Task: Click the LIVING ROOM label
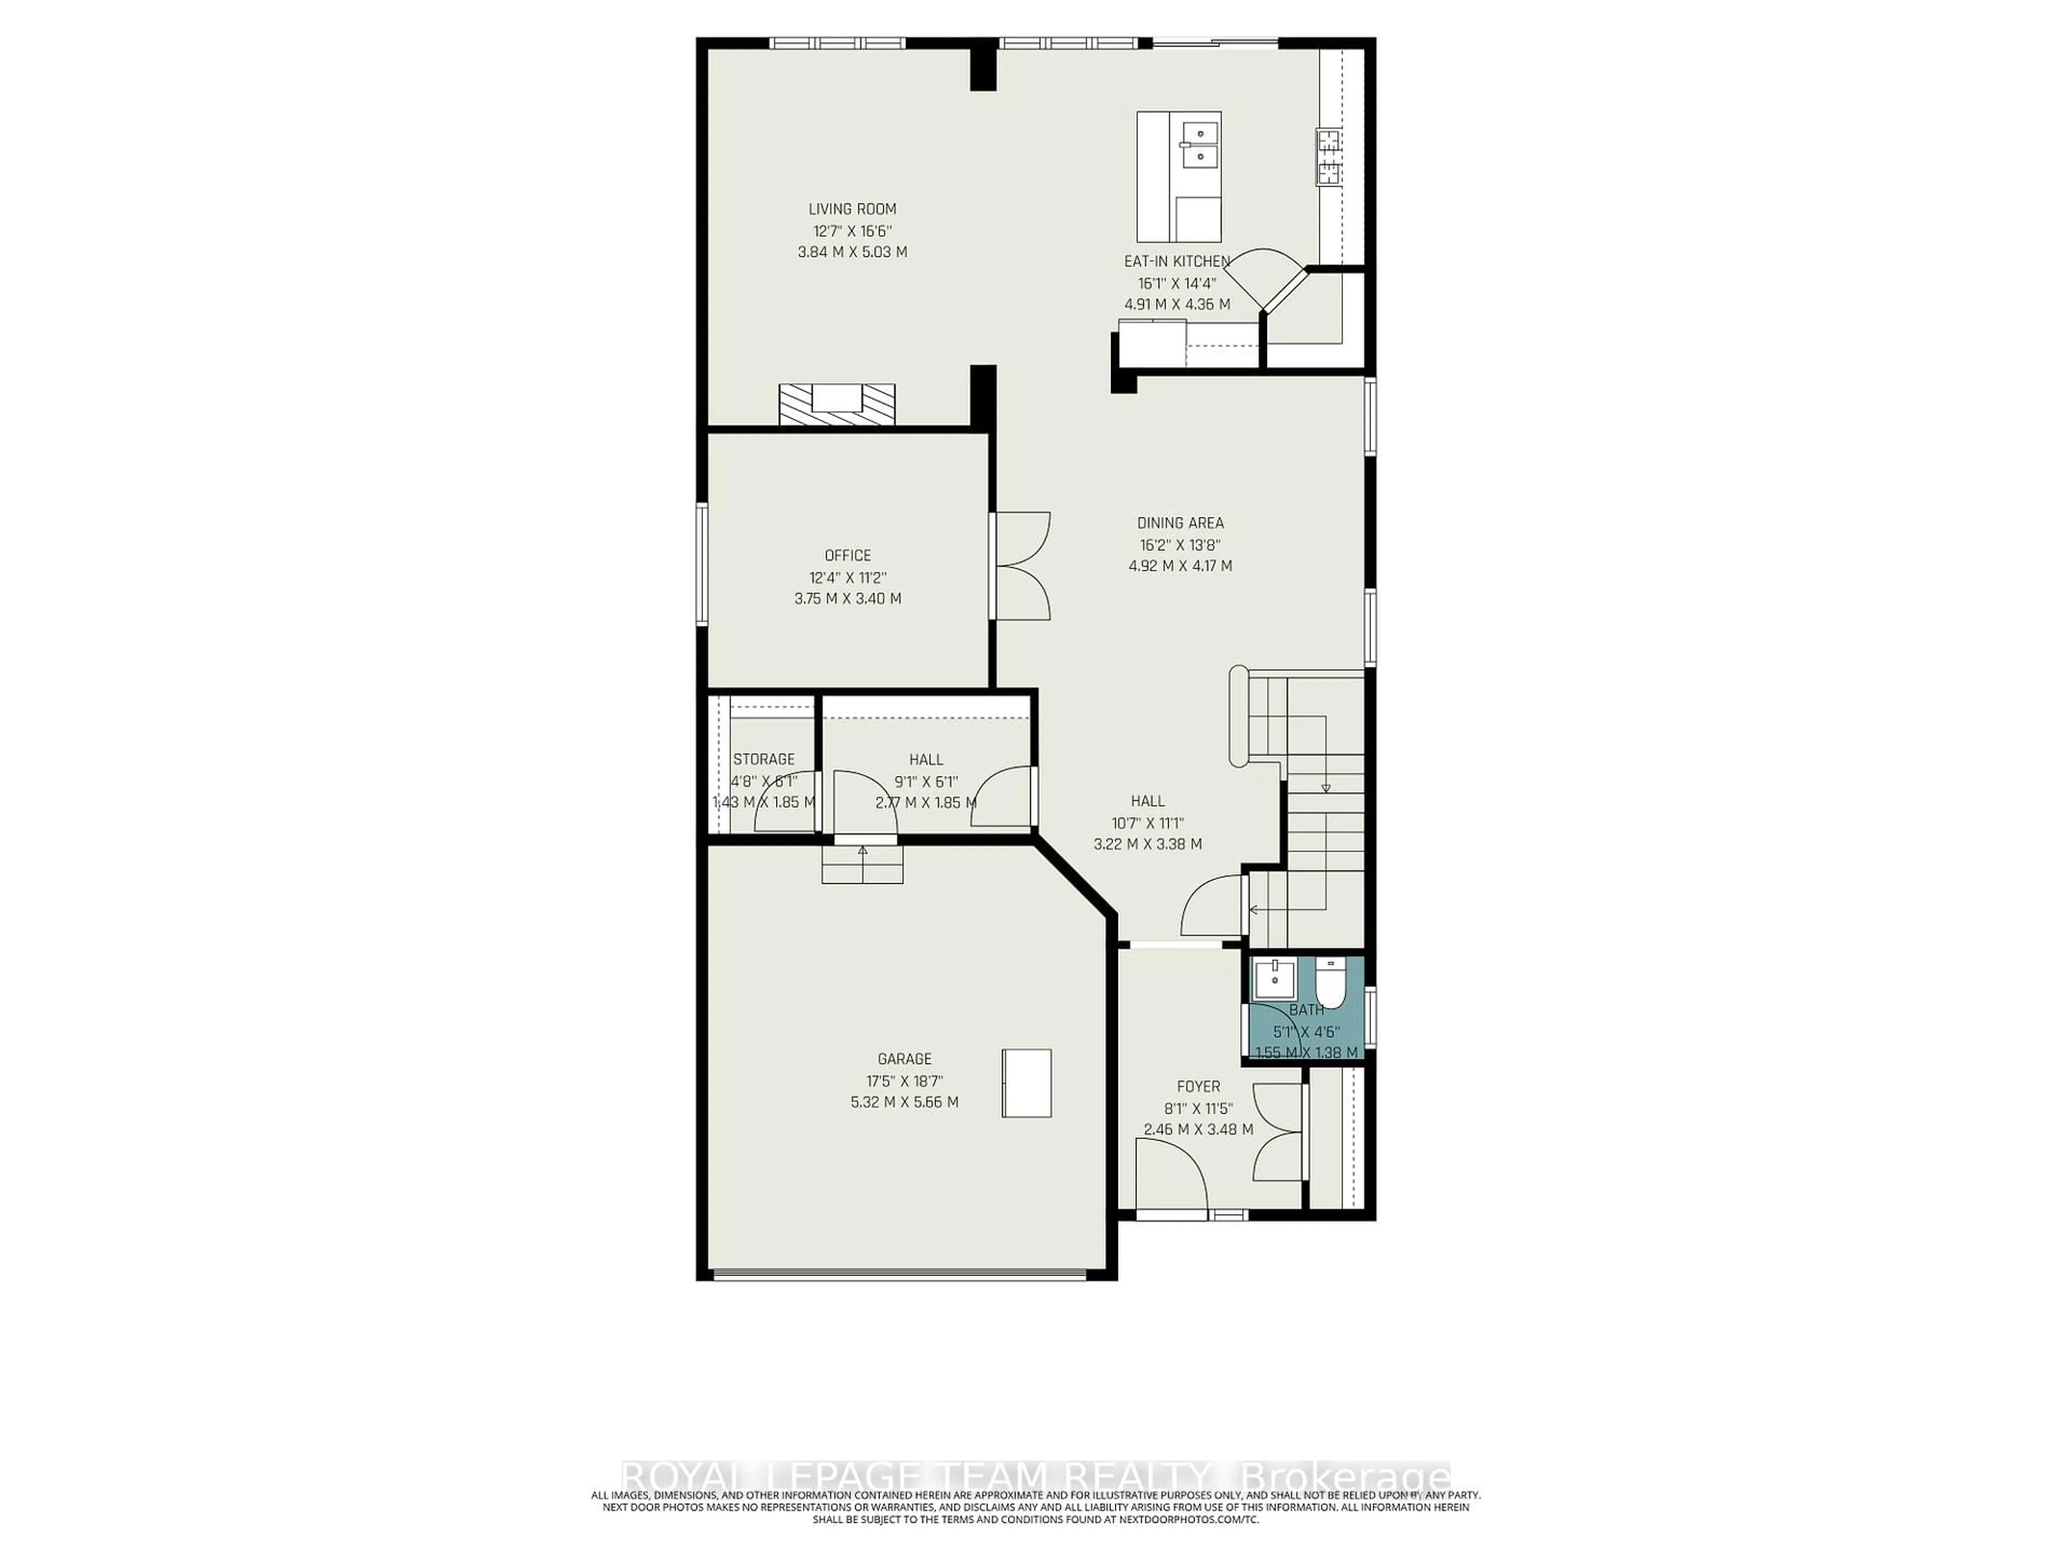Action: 853,209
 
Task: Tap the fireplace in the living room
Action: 836,405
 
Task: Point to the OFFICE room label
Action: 848,555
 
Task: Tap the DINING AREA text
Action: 1180,523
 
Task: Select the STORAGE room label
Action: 764,759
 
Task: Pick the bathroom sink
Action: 1275,980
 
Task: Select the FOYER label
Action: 1198,1087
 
